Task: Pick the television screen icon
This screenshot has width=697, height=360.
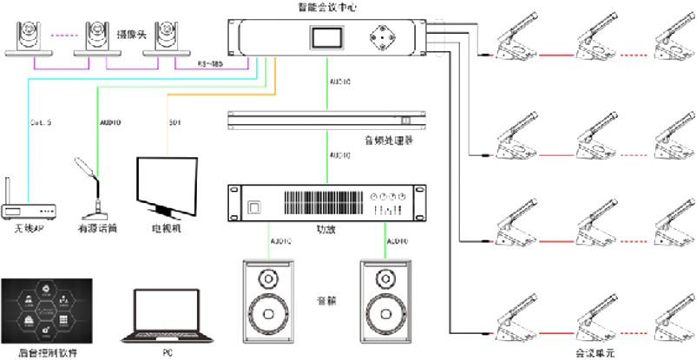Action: click(x=164, y=184)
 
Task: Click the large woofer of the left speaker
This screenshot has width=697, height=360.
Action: click(x=266, y=311)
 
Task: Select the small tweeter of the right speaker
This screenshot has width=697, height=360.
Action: click(x=383, y=278)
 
